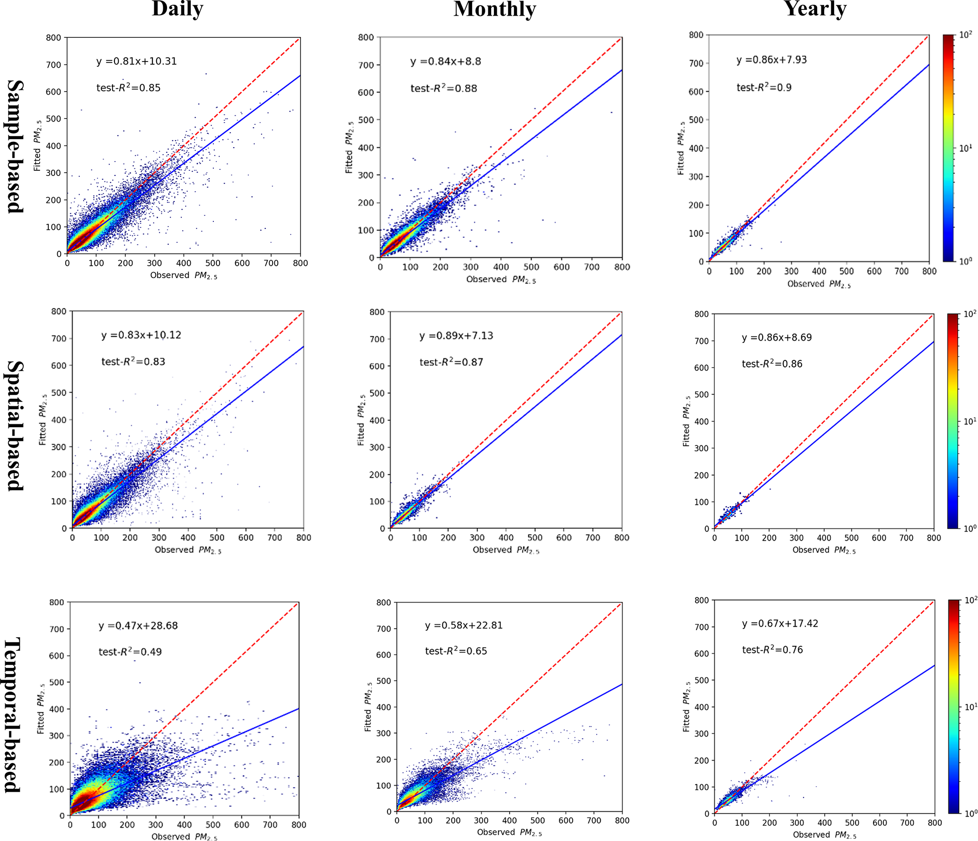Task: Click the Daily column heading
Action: [x=177, y=9]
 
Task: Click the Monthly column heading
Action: [x=494, y=9]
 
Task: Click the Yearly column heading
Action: [x=815, y=9]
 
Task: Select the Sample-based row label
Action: [x=15, y=146]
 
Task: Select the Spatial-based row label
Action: [x=15, y=426]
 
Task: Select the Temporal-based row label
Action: [x=13, y=715]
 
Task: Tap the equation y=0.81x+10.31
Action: [x=136, y=61]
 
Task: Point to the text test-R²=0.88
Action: [x=443, y=88]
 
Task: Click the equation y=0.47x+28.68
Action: [x=138, y=626]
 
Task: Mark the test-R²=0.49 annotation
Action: [x=130, y=652]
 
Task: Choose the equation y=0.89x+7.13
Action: [x=456, y=336]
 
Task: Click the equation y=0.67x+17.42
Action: [x=780, y=623]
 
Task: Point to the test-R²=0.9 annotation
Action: [x=764, y=88]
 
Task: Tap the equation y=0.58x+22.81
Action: [x=464, y=625]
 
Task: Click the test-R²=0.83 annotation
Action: [x=133, y=362]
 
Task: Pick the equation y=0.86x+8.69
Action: [x=776, y=338]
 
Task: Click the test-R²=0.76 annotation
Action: [x=772, y=650]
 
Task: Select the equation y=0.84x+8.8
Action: [x=445, y=61]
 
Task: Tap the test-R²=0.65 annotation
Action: [x=456, y=651]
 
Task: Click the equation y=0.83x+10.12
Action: [x=141, y=335]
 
